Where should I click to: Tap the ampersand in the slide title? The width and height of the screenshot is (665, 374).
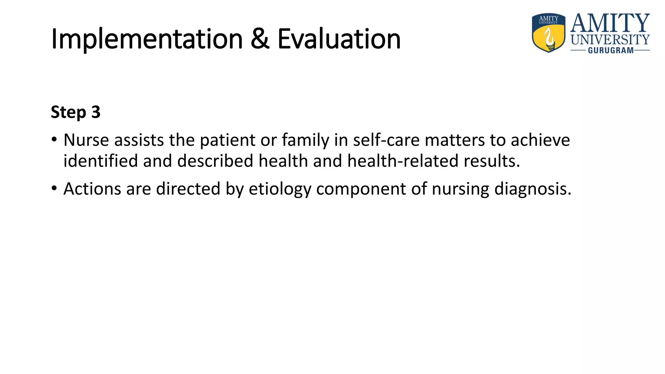pyautogui.click(x=260, y=39)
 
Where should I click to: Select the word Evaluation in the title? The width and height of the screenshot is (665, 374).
pyautogui.click(x=339, y=39)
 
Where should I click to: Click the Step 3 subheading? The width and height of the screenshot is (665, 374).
pyautogui.click(x=76, y=112)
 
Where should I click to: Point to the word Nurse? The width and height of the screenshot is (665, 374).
pyautogui.click(x=86, y=140)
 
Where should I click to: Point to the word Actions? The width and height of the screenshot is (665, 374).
pyautogui.click(x=92, y=189)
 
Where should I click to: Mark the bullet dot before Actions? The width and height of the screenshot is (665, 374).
pyautogui.click(x=54, y=188)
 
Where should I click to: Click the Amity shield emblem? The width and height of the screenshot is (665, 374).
pyautogui.click(x=548, y=33)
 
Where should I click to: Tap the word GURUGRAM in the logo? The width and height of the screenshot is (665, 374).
pyautogui.click(x=611, y=51)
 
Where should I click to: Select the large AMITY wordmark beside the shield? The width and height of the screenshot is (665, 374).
pyautogui.click(x=610, y=23)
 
